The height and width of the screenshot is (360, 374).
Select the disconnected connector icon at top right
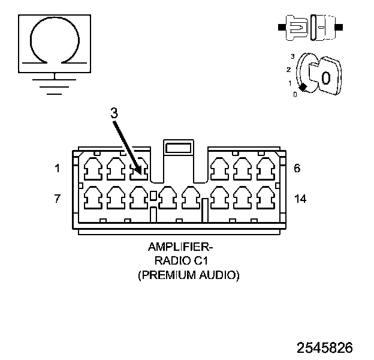point(309,27)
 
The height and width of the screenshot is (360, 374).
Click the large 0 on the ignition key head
point(325,78)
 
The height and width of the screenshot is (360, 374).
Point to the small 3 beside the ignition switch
point(292,56)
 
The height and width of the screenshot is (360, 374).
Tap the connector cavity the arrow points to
point(139,169)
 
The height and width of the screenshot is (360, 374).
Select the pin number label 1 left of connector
point(58,169)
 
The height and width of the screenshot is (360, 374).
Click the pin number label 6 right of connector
point(297,169)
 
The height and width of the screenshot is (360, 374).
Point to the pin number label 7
point(58,199)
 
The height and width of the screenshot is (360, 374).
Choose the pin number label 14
point(300,199)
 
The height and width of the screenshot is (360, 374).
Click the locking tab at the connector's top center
point(178,147)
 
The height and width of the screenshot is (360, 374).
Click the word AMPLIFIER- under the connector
point(180,247)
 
